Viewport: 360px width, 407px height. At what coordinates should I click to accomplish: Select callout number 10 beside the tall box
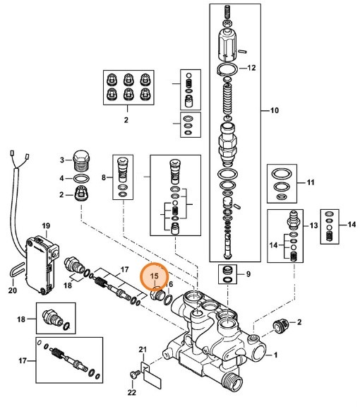pyautogui.click(x=275, y=111)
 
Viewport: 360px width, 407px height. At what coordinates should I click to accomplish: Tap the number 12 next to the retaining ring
pyautogui.click(x=252, y=69)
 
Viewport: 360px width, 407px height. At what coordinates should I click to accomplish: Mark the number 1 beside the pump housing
pyautogui.click(x=276, y=355)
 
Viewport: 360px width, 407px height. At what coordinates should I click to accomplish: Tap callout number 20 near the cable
pyautogui.click(x=11, y=290)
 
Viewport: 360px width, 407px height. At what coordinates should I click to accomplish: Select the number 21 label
pyautogui.click(x=142, y=350)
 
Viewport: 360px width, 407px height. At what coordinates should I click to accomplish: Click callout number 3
pyautogui.click(x=61, y=159)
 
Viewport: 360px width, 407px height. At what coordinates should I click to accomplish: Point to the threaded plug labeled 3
pyautogui.click(x=81, y=160)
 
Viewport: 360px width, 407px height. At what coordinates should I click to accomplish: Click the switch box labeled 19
pyautogui.click(x=40, y=259)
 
